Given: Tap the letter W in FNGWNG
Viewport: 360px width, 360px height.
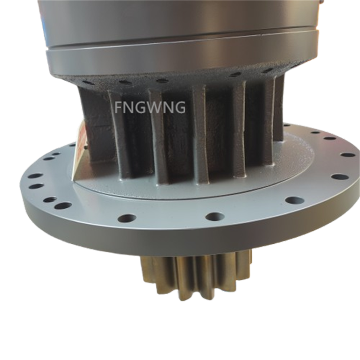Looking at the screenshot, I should pos(151,109).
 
